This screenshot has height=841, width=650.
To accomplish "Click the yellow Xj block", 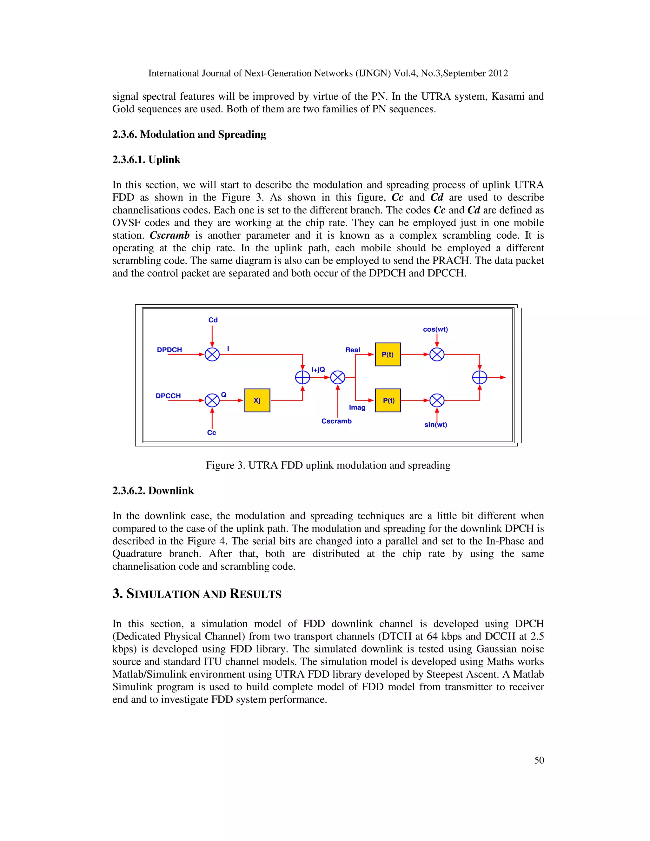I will (257, 401).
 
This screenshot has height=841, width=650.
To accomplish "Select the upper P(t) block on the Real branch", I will (388, 354).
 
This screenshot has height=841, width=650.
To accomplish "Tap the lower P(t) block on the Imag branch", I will (388, 401).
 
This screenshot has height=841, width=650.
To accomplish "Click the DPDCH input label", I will (169, 350).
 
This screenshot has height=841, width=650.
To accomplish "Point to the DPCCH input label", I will (168, 396).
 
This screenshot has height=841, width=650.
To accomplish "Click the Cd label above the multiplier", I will (213, 320).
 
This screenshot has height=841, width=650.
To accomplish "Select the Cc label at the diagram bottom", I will (211, 433).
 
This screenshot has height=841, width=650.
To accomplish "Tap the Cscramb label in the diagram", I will (336, 421).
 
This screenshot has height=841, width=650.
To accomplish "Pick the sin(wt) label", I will (435, 425).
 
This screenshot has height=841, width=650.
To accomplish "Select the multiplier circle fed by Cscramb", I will (338, 377).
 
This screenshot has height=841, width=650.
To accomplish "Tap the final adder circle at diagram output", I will (480, 377).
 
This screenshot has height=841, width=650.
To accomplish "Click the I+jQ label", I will (318, 370).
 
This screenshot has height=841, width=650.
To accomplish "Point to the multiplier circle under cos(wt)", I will (437, 354).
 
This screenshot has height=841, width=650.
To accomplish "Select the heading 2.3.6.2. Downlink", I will (153, 491).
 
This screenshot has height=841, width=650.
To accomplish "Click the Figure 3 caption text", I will (328, 465).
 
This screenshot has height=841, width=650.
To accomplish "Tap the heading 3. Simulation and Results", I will (197, 594).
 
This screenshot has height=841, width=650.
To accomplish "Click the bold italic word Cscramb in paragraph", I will (169, 235).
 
